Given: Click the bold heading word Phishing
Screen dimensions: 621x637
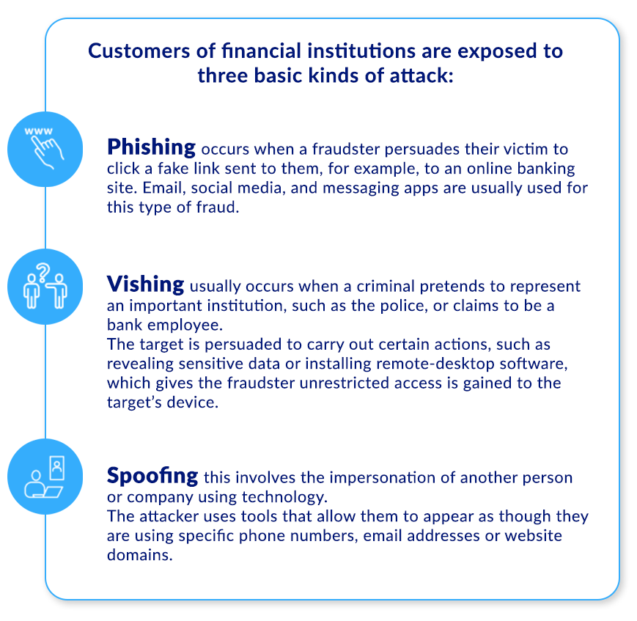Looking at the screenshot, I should point(151,147).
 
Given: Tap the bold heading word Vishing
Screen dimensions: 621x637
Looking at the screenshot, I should point(145,284).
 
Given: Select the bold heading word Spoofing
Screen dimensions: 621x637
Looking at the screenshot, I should point(152,476).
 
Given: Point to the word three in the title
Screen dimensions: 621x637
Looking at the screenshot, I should point(226,76).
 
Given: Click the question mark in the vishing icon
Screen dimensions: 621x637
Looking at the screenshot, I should point(43,273).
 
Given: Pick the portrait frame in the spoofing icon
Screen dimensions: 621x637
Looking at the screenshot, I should point(55,466).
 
